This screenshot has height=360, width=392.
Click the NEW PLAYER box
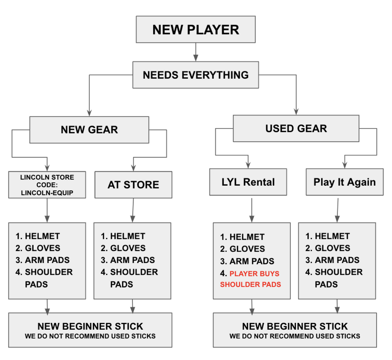[195, 30]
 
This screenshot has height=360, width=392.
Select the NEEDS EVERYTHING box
[195, 75]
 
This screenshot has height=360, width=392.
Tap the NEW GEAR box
[89, 130]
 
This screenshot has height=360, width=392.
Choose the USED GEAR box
[296, 128]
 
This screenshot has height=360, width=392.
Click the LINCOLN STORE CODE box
[47, 185]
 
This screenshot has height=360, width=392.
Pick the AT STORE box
[133, 185]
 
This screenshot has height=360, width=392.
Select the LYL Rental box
[248, 182]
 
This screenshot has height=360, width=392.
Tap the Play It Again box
[344, 182]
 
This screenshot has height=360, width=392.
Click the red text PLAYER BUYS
[254, 273]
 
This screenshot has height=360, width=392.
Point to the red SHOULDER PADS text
[250, 284]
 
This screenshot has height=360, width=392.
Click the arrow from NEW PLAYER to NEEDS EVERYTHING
[196, 52]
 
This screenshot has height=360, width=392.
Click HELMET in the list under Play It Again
[332, 236]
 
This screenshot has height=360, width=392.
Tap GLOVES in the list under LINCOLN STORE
[42, 248]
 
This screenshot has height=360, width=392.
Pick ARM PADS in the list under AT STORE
[132, 260]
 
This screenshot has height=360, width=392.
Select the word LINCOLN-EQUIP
[47, 193]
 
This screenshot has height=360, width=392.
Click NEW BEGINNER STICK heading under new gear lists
[90, 326]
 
